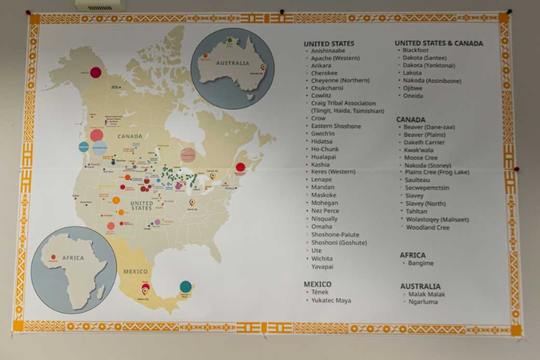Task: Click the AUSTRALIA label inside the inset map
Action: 232,63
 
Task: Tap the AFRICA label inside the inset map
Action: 73,258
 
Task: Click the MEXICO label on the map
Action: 135,272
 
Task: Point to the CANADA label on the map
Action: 130,136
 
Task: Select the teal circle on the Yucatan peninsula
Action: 186,287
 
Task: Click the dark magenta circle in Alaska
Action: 96,72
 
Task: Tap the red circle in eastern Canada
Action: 241,167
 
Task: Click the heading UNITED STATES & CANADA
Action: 439,43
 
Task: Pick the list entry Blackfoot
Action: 415,50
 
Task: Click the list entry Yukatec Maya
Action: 331,300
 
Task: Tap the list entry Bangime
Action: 420,263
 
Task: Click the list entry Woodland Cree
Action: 427,227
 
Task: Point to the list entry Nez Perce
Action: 325,211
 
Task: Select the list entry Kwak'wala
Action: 418,150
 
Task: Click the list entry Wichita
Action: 322,259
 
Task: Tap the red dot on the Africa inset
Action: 53,257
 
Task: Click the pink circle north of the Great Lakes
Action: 188,155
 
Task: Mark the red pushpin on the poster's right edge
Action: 516,169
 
